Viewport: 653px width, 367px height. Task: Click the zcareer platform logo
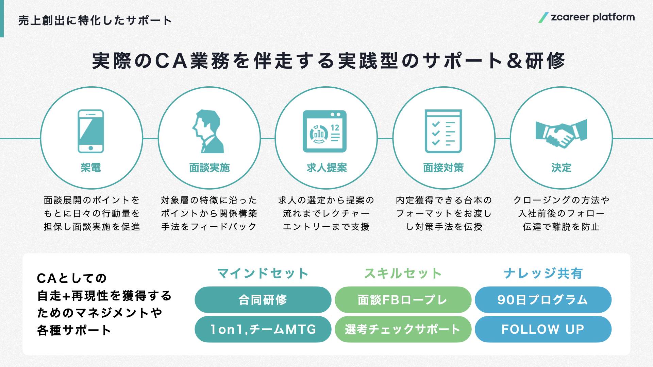pos(586,17)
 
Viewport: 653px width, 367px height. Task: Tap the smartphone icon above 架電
pos(91,131)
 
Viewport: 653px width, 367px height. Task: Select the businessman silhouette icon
pos(208,131)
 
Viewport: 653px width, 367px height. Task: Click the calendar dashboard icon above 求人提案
pos(325,131)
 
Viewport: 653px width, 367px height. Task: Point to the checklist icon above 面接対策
pos(443,131)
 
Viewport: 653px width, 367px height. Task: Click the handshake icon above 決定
pos(561,133)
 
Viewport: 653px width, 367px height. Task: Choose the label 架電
pos(91,168)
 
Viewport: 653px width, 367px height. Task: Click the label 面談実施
pos(210,168)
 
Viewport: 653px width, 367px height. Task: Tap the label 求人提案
pos(326,168)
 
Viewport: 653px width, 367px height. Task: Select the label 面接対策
pos(443,168)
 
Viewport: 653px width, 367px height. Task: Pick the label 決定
pos(562,168)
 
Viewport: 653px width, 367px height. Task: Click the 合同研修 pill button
pos(263,300)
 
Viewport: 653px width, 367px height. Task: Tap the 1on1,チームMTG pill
pos(263,329)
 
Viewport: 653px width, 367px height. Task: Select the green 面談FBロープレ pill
pos(403,300)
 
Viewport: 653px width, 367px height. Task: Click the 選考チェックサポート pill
pos(403,329)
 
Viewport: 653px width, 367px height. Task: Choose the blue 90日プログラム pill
pos(543,300)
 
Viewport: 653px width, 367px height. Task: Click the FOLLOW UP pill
pos(543,329)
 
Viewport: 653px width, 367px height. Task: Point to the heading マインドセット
pos(263,273)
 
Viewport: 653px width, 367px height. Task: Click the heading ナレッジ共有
pos(543,273)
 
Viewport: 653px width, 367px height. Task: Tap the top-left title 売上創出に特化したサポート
pos(95,20)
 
